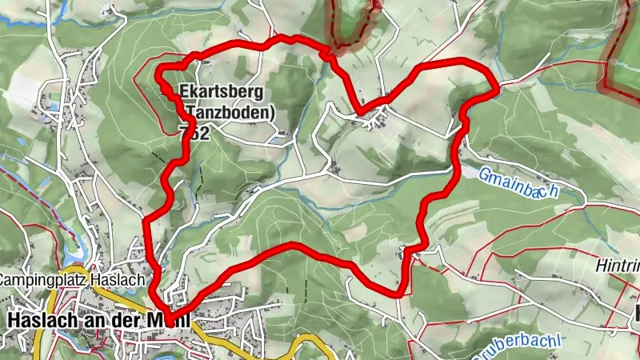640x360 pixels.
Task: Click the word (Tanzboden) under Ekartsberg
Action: (x=228, y=111)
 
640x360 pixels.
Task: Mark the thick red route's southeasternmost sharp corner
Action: (x=398, y=294)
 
